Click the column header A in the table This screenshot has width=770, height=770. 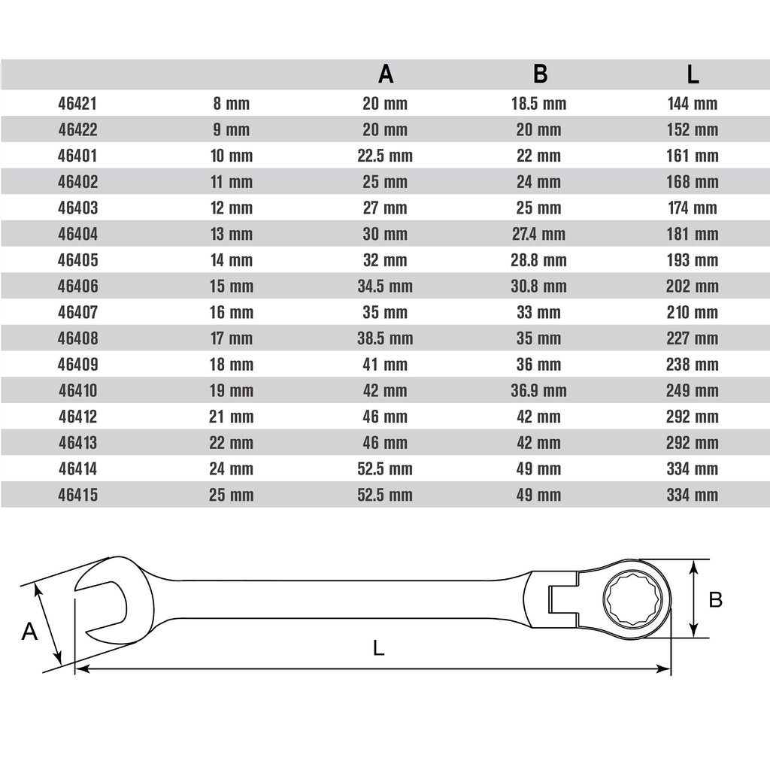[386, 74]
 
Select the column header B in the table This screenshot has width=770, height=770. [540, 74]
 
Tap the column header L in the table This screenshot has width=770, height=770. [693, 74]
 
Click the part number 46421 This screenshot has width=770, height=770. [77, 104]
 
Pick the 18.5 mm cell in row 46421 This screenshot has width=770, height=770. [538, 104]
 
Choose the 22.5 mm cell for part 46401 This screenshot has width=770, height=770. [385, 156]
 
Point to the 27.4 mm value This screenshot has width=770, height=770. [538, 234]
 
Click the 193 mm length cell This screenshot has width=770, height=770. [693, 259]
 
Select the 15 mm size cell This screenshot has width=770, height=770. [232, 286]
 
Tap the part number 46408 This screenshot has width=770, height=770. [77, 338]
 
